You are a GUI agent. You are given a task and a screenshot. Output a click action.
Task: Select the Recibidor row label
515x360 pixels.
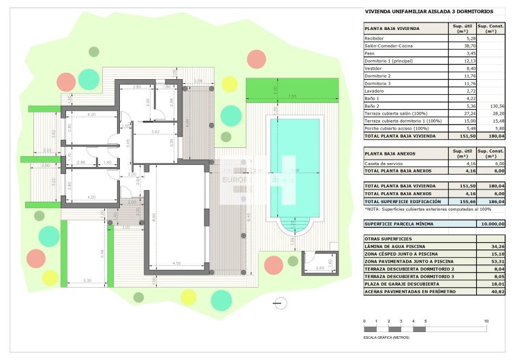376,38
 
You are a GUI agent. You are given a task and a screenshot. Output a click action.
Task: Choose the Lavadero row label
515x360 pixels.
375,91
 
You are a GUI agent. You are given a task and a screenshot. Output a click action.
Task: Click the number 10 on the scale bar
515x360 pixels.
486,320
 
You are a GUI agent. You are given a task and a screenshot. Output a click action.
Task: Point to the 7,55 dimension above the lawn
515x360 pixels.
292,96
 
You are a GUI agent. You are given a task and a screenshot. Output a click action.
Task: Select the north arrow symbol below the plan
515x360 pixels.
277,302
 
